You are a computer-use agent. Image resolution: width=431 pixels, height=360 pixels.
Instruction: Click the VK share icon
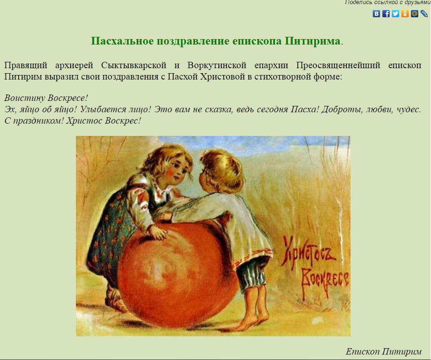[376, 14]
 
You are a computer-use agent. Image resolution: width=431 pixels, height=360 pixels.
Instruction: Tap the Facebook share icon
[386, 14]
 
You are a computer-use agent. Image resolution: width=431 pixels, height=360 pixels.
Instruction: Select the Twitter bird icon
[396, 14]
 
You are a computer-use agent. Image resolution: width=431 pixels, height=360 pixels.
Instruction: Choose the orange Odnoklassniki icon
[405, 14]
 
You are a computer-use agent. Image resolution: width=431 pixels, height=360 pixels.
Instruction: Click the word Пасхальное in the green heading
[122, 41]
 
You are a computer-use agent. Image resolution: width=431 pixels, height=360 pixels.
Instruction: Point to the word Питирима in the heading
[312, 41]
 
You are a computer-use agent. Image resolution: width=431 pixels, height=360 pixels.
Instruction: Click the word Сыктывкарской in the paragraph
[134, 65]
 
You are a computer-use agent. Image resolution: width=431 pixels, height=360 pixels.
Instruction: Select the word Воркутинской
[217, 65]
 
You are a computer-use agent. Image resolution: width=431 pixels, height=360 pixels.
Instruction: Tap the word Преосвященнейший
[338, 65]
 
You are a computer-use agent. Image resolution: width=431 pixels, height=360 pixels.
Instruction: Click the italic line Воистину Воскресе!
[46, 98]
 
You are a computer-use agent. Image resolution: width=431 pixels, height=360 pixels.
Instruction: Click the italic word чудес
[409, 110]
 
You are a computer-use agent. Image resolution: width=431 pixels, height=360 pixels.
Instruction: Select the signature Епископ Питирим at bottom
[383, 351]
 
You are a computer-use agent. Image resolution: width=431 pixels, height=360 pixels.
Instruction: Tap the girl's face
[176, 170]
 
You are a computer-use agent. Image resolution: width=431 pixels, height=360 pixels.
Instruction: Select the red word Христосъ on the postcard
[309, 253]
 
